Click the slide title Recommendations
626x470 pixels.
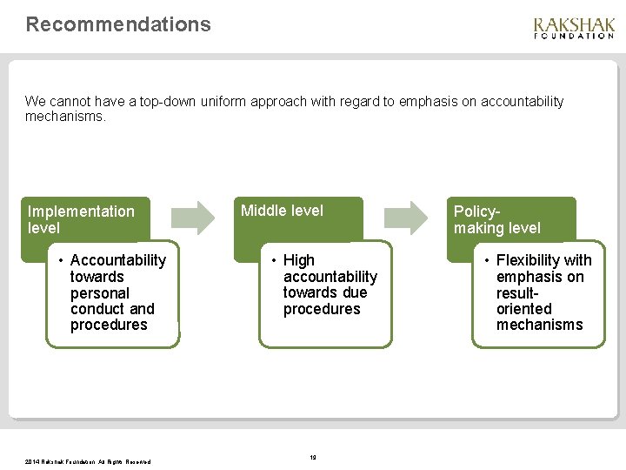point(118,24)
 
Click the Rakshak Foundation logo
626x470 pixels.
point(573,28)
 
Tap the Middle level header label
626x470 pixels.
point(282,211)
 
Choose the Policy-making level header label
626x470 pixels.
point(496,219)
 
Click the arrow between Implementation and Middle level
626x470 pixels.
point(192,218)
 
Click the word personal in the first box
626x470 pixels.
point(100,293)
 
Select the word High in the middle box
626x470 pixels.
point(299,260)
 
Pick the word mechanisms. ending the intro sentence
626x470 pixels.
point(66,117)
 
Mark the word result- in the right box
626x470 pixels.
point(518,292)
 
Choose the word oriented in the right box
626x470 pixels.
point(524,309)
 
